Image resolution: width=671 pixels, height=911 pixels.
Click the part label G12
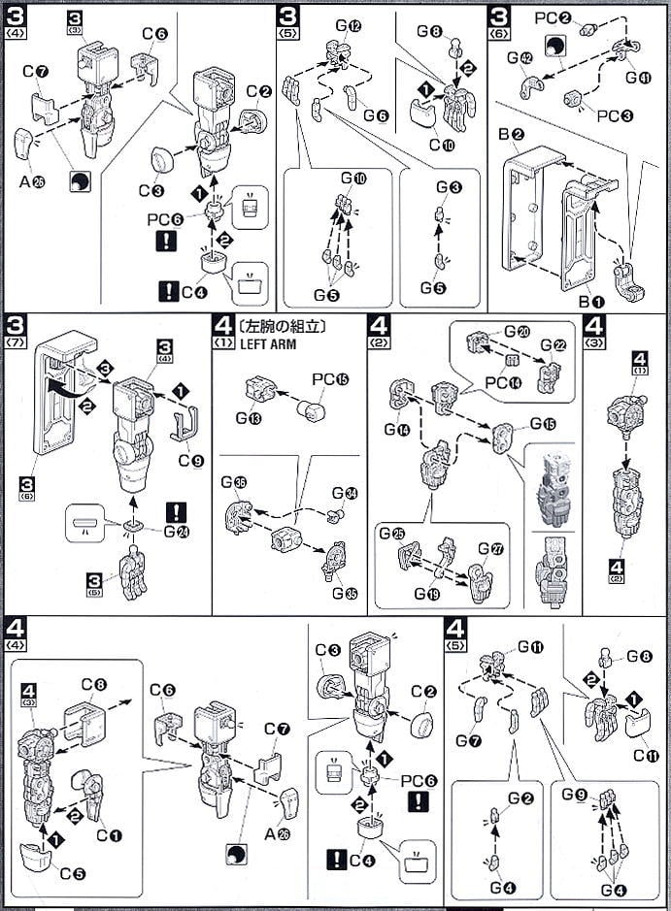point(350,24)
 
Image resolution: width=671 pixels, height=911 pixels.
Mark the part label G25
point(392,534)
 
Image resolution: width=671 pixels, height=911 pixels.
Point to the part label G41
point(638,77)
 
